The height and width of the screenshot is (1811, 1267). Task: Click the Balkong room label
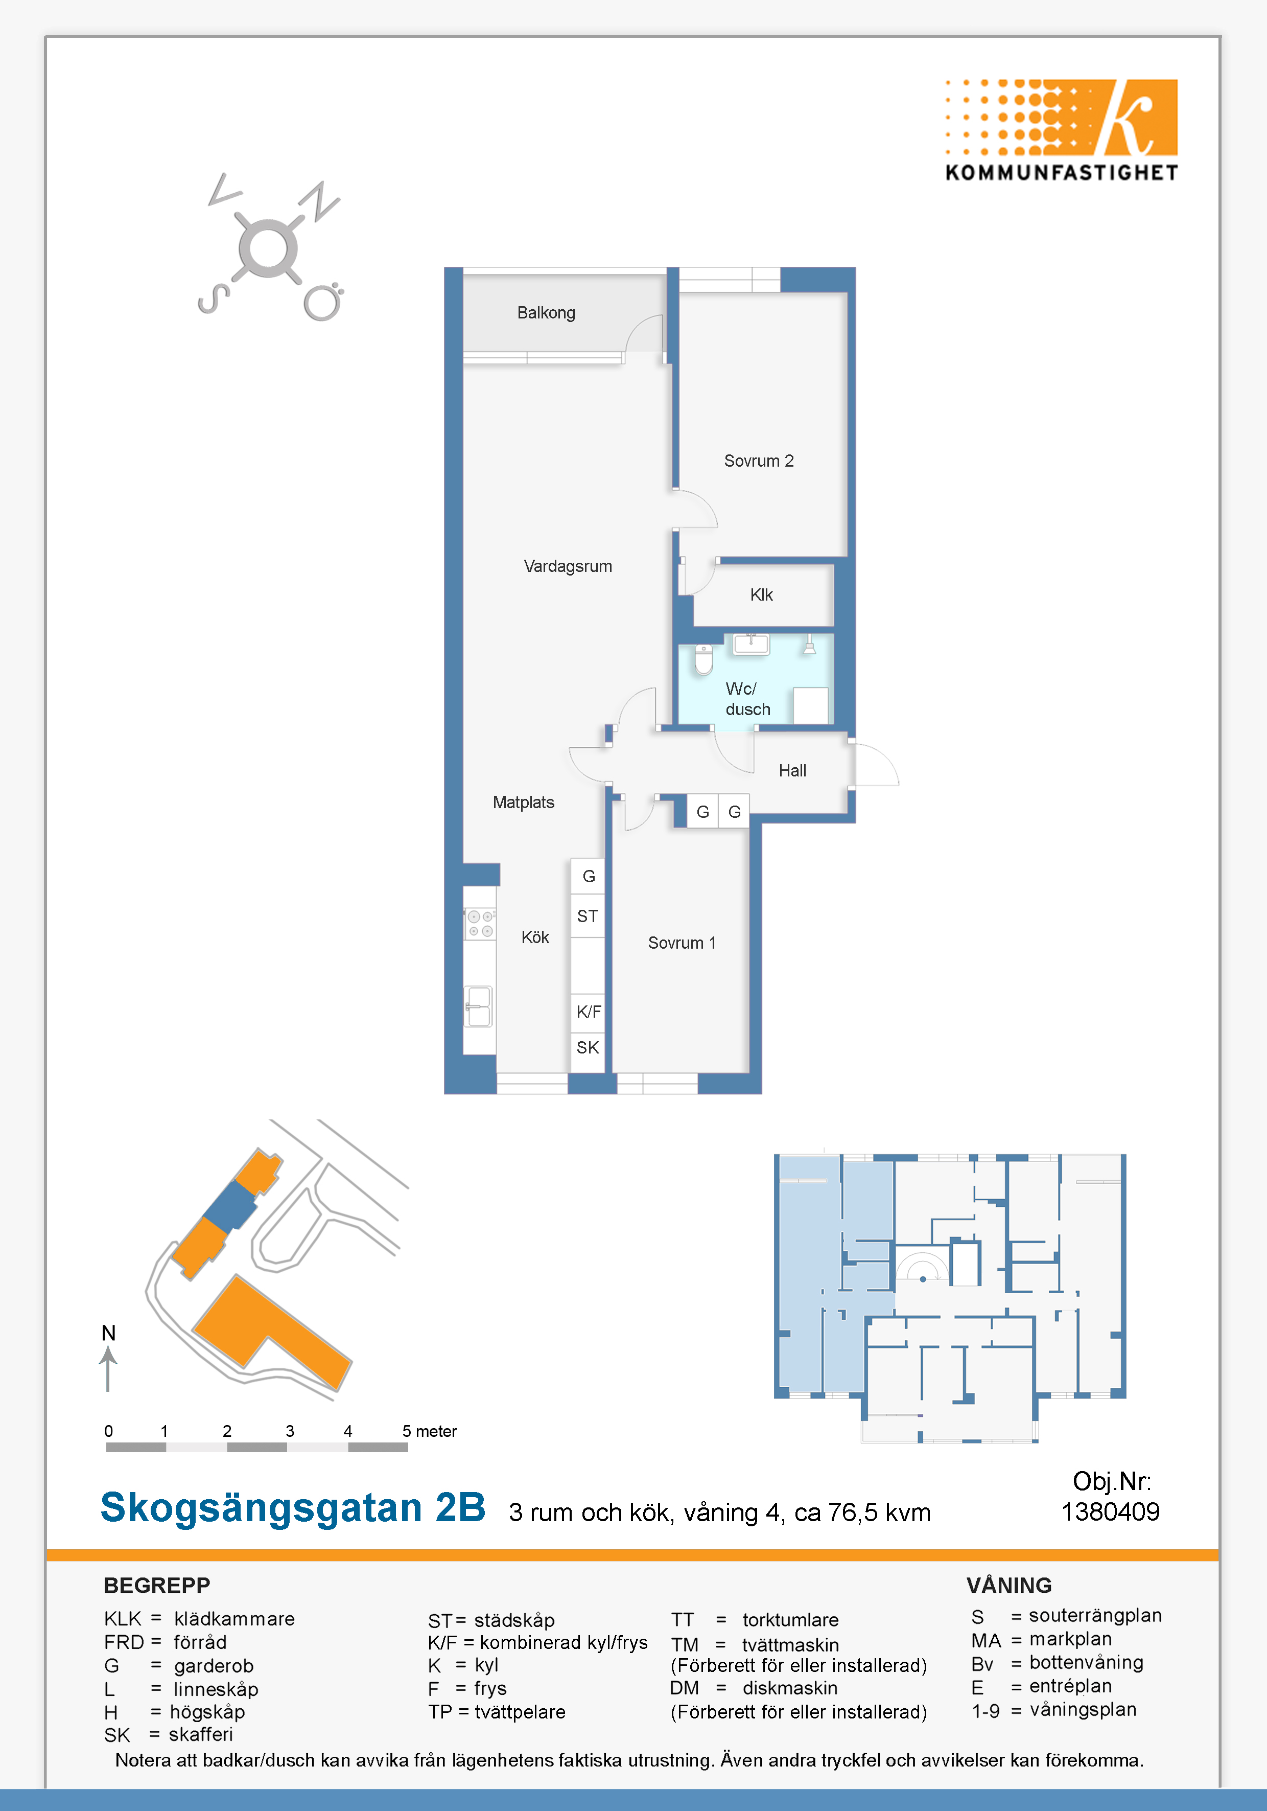[546, 312]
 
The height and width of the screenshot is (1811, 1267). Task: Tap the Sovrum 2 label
[759, 461]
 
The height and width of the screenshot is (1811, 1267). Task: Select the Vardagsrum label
[568, 566]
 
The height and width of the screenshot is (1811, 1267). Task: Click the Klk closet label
[761, 595]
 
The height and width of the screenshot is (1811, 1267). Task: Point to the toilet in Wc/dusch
[703, 659]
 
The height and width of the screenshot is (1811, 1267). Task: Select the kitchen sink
[478, 1006]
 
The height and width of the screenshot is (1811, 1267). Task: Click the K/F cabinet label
[588, 1011]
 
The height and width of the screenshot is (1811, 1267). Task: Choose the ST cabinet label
[588, 916]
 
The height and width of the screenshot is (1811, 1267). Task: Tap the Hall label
[792, 771]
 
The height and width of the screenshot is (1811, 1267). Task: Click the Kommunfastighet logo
[1061, 130]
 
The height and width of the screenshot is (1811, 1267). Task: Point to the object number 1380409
[1110, 1511]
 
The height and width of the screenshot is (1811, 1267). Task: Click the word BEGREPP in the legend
[157, 1586]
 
